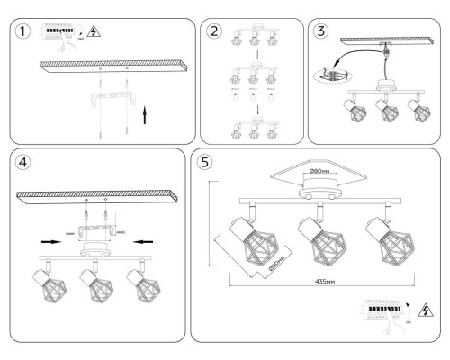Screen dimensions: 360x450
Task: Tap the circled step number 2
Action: coord(214,31)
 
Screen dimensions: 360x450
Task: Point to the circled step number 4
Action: coord(22,165)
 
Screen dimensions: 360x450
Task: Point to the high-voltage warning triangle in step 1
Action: coord(94,29)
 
